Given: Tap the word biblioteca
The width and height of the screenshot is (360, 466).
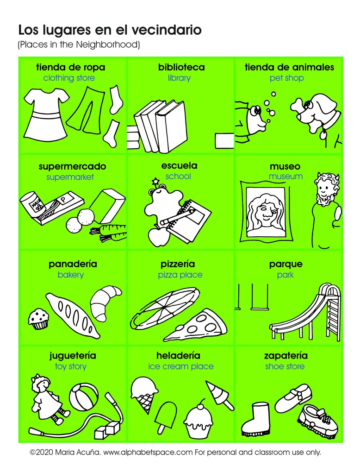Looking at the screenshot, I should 181,68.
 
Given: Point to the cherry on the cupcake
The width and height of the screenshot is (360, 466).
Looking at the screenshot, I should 200,402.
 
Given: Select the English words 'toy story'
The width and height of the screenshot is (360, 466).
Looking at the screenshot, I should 71,367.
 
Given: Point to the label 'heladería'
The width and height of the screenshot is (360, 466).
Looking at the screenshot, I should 178,356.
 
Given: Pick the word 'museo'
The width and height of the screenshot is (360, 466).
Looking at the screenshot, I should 285,166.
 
